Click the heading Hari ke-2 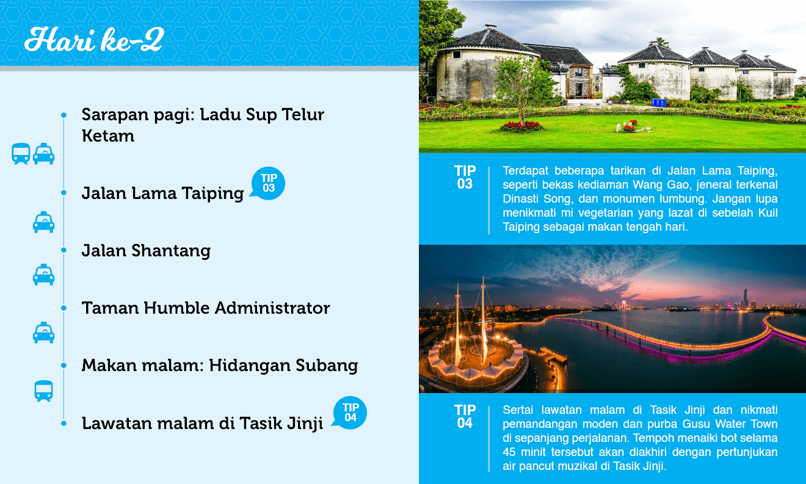coord(94,39)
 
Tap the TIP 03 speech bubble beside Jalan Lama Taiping coord(267,183)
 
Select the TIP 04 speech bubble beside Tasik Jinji coord(349,413)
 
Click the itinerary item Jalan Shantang coord(146,250)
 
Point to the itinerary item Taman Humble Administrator coord(205,308)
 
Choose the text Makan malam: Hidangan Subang coord(220,366)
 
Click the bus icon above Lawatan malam coord(43,391)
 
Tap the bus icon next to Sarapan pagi coord(21,154)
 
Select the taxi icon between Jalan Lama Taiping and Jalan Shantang coord(43,222)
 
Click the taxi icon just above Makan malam coord(43,332)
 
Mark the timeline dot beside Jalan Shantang coord(64,250)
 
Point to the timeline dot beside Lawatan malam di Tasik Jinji coord(64,423)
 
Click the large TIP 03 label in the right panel coord(465,177)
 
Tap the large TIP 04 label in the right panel coord(465,416)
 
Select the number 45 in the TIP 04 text coord(509,452)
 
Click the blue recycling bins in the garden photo coord(659,103)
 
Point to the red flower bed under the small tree coord(521,126)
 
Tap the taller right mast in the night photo coord(484,320)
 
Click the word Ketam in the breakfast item coord(108,136)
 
